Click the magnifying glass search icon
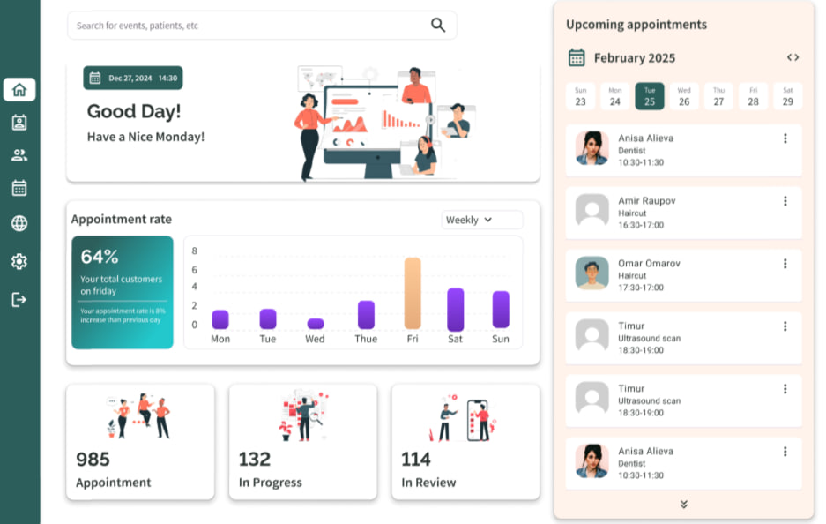(438, 25)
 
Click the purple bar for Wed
(315, 324)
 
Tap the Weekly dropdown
(481, 220)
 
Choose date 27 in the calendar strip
(718, 96)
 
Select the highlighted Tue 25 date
(650, 96)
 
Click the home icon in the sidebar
(19, 89)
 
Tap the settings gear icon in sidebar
(19, 261)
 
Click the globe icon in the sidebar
(19, 223)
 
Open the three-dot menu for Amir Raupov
(785, 201)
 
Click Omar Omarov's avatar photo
(592, 273)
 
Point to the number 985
(93, 459)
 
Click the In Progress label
(270, 483)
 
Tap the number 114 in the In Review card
(416, 459)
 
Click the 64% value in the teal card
(100, 257)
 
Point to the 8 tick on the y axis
(195, 251)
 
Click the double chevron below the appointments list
(683, 504)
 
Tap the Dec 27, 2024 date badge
(132, 78)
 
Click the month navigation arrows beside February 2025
(793, 57)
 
